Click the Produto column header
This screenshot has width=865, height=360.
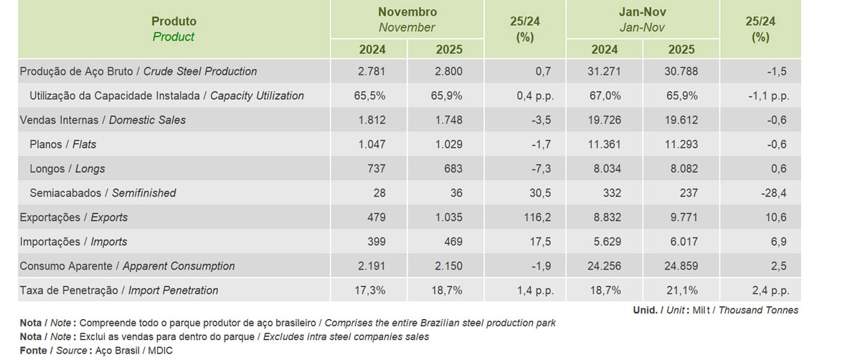coord(174,22)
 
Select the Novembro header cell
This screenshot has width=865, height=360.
coord(407,12)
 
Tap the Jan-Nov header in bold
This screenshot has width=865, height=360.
coord(643,12)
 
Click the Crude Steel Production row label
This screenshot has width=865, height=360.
coord(138,71)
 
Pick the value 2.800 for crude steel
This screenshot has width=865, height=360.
coord(448,71)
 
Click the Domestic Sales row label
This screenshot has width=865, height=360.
coord(103,120)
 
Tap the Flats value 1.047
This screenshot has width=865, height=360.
coord(372,144)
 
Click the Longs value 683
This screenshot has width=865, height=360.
coord(453,169)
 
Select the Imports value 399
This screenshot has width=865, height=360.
coord(376,242)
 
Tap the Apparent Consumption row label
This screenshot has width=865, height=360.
coord(127,266)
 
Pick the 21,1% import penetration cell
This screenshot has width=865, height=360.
coord(681,290)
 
